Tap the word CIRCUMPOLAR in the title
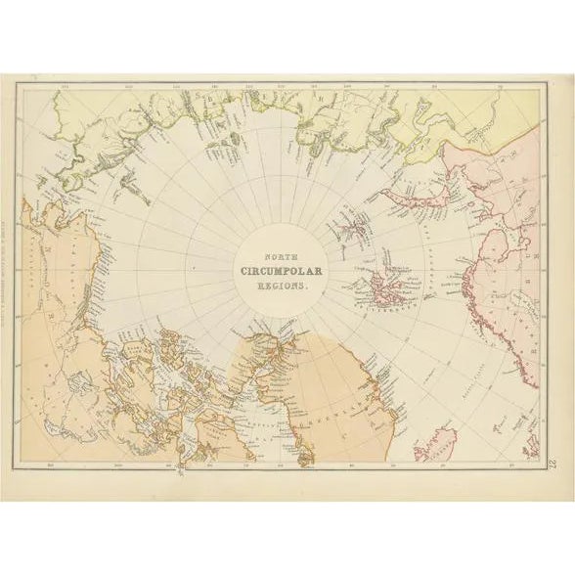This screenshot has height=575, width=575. [x=275, y=271]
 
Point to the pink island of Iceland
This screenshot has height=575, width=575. [x=431, y=452]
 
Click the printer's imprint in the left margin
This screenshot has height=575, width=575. [x=12, y=274]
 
